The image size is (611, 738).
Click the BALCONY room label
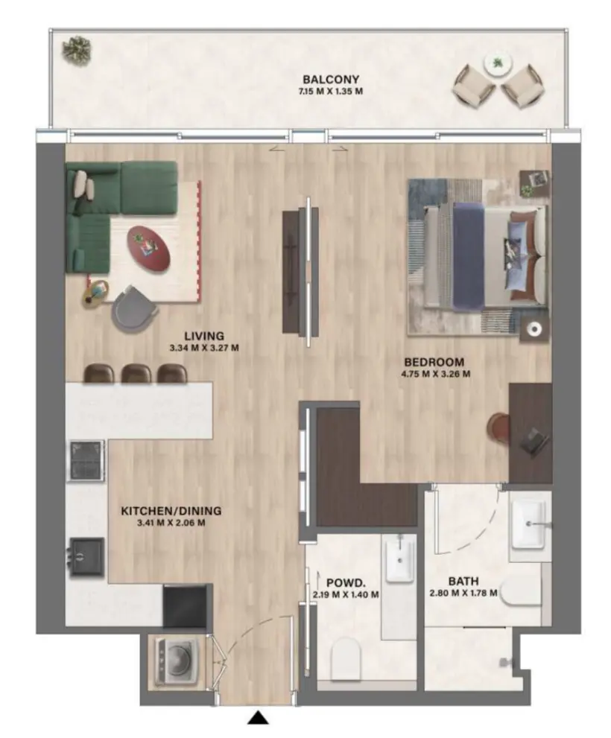(331, 80)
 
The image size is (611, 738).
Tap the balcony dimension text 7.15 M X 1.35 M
(331, 92)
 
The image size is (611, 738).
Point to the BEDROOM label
(435, 362)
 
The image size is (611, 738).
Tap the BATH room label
(463, 581)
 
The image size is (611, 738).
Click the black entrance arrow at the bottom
(258, 718)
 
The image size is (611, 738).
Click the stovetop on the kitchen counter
(86, 460)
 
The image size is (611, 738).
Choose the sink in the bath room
(531, 523)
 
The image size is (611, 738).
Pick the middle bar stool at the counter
(136, 372)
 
